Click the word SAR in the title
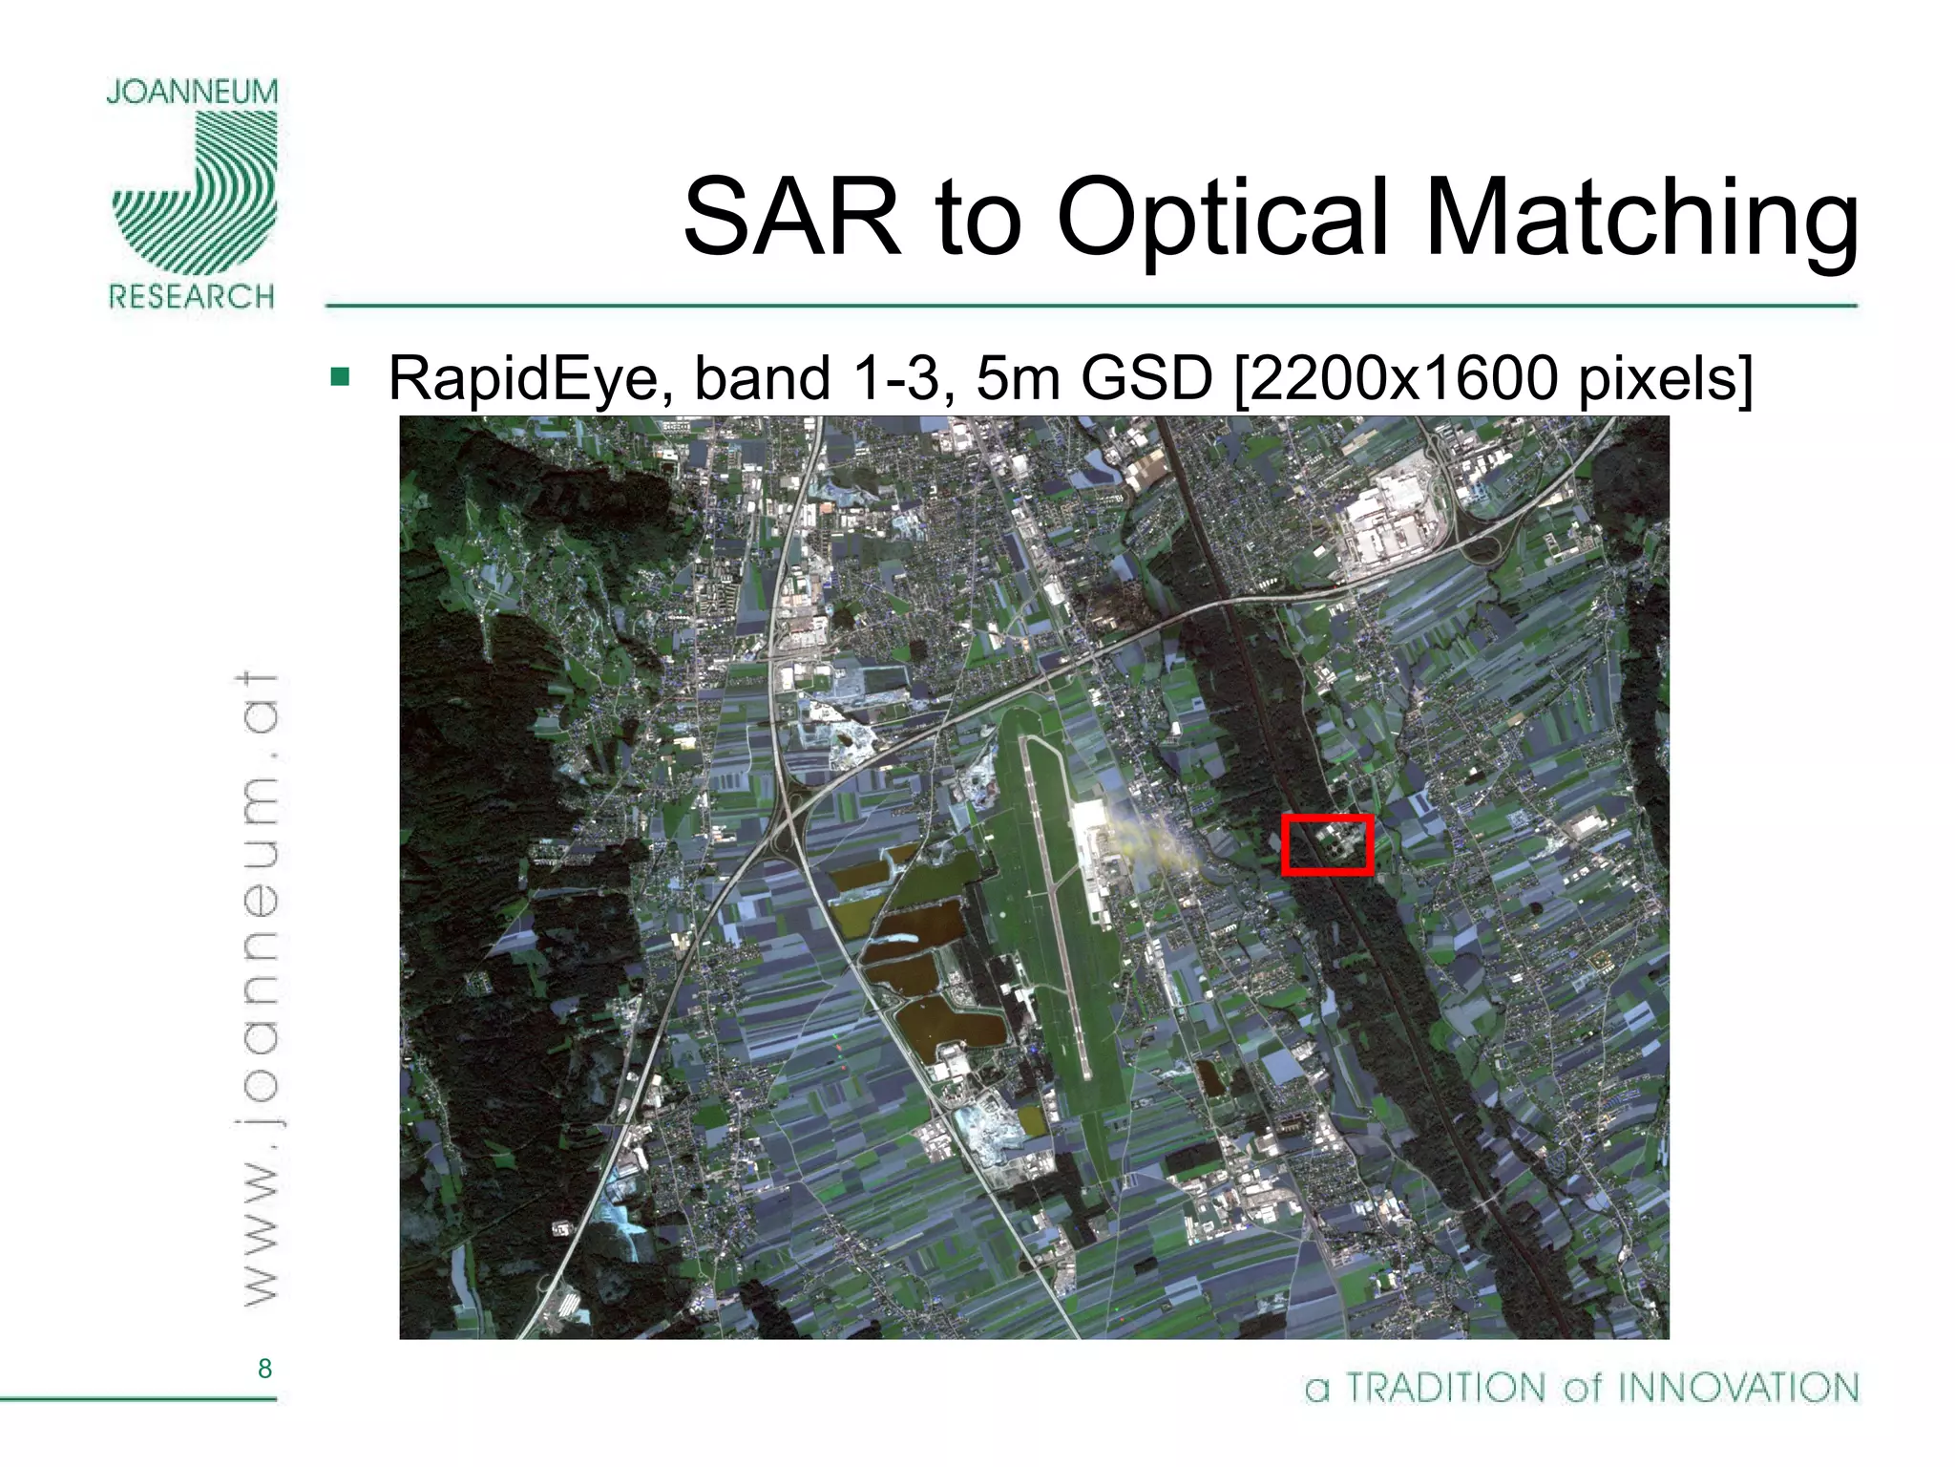coord(791,218)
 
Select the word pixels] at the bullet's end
coord(1665,378)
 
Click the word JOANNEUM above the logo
coord(192,92)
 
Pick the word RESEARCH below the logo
coord(192,296)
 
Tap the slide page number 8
coord(264,1369)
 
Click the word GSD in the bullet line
coord(1146,378)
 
